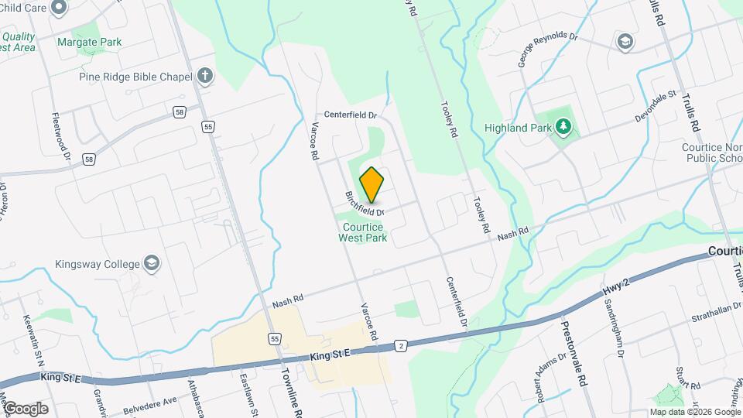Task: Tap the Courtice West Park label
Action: pyautogui.click(x=362, y=232)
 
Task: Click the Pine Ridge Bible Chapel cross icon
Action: pyautogui.click(x=204, y=76)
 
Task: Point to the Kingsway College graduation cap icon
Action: pyautogui.click(x=152, y=263)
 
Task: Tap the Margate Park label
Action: pyautogui.click(x=90, y=42)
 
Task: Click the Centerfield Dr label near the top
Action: pyautogui.click(x=350, y=115)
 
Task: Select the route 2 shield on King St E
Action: pyautogui.click(x=400, y=345)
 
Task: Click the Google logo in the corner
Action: pyautogui.click(x=25, y=408)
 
